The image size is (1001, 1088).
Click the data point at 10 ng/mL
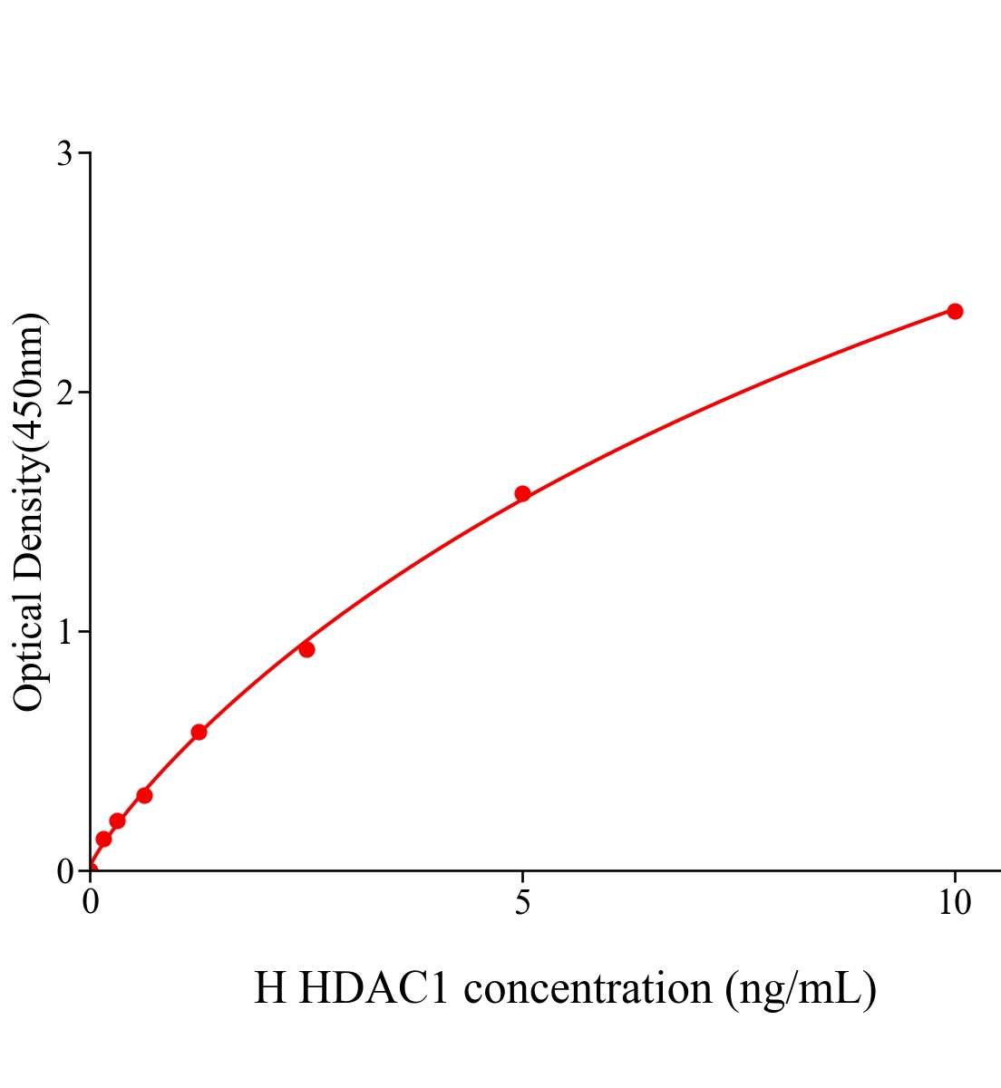coord(955,311)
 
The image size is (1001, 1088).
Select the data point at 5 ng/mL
coord(522,494)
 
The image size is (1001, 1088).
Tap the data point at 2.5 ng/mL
coord(306,649)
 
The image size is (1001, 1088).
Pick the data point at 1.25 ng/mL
coord(199,732)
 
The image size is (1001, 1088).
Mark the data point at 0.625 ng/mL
coord(144,795)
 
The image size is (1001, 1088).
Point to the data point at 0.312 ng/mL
coord(117,821)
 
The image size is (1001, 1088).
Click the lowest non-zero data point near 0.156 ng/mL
coord(103,839)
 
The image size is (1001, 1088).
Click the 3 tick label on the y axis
coord(64,154)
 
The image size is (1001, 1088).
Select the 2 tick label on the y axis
coord(64,393)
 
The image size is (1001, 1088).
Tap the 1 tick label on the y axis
coord(64,632)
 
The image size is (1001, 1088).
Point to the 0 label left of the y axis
coord(64,871)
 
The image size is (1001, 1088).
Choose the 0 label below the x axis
coord(91,903)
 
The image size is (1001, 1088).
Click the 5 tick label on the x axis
coord(522,903)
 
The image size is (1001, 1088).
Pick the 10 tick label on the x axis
coord(954,903)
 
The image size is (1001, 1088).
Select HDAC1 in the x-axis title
coord(373,988)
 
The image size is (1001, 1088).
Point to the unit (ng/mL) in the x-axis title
coord(801,988)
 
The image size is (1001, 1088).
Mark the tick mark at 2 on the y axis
coord(84,393)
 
